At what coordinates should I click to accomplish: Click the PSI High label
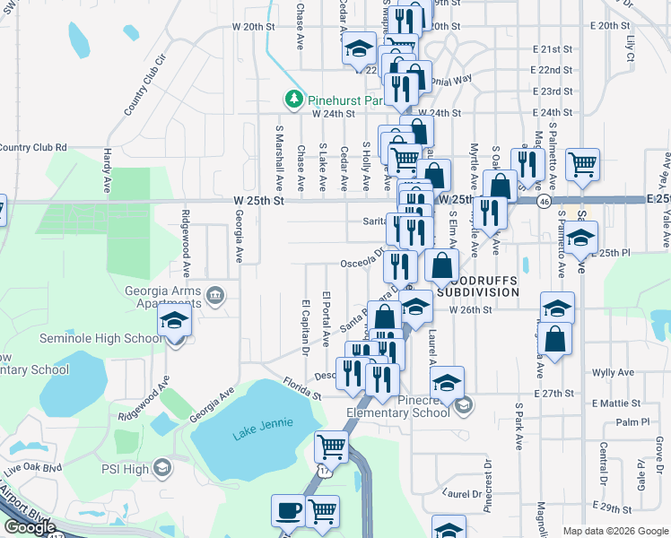click(x=124, y=467)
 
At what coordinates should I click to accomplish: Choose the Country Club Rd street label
click(x=34, y=147)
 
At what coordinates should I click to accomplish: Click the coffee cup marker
click(x=288, y=511)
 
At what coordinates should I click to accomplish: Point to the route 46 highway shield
click(x=545, y=203)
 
